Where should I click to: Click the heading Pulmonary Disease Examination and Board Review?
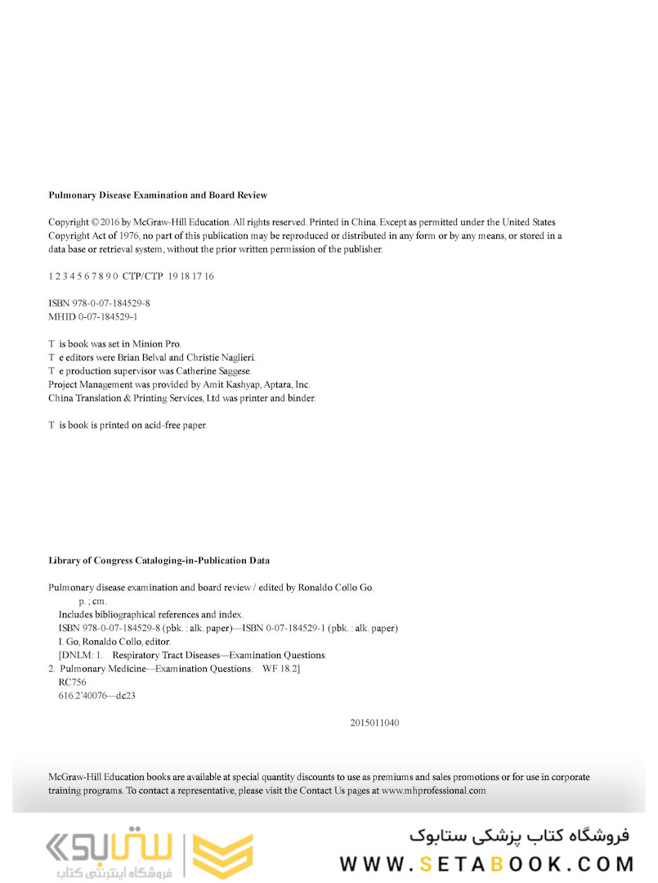coord(158,195)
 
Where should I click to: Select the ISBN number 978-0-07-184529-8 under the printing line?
coord(110,303)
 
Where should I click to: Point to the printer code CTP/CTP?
coord(143,276)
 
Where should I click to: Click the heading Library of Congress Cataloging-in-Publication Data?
coord(159,561)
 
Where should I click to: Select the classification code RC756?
coord(72,682)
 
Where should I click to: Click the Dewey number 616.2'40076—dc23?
coord(97,696)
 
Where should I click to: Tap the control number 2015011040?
coord(374,723)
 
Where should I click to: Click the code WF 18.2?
coord(280,669)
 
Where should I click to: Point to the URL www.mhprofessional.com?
coord(433,791)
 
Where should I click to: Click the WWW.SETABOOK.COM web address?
coord(486,864)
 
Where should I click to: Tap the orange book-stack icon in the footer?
coord(223,856)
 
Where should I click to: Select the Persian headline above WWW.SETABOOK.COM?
coord(520,836)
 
